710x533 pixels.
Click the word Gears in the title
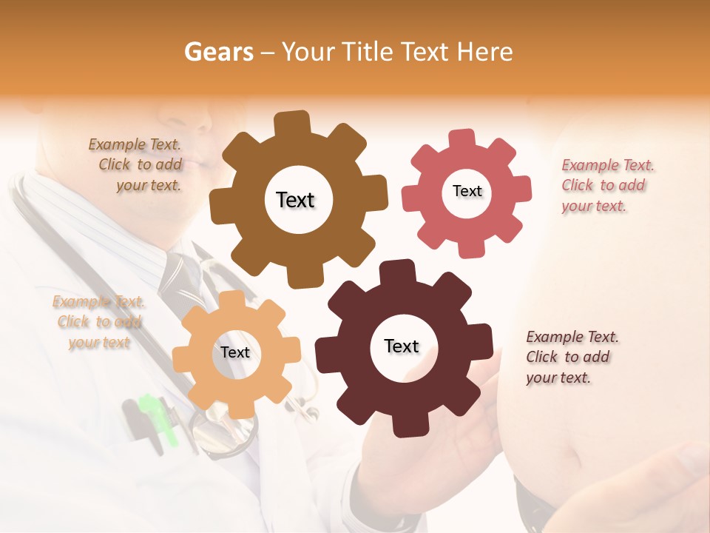pos(218,52)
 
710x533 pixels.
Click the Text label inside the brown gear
pos(295,200)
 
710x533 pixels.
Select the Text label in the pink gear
pos(467,191)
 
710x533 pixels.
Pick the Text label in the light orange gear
pos(235,352)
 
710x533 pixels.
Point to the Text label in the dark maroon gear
pos(402,346)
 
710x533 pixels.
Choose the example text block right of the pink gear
pos(606,185)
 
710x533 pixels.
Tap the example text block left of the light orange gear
pos(99,322)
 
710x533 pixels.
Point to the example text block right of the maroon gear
pos(572,357)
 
